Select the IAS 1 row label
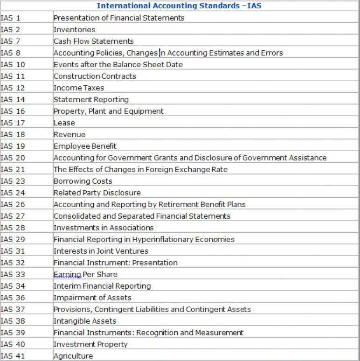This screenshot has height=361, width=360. (11, 18)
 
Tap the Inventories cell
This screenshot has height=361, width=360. (74, 29)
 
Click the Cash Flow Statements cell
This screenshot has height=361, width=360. (93, 41)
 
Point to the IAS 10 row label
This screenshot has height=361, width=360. (13, 64)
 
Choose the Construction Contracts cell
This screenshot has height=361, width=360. (95, 76)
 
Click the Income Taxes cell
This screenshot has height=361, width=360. (79, 88)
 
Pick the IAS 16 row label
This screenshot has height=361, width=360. (13, 111)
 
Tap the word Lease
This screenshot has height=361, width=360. (64, 123)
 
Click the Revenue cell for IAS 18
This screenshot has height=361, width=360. (69, 134)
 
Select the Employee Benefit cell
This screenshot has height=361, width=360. (85, 146)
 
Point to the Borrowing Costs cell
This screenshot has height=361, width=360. (83, 181)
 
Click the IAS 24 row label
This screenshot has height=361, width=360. (13, 193)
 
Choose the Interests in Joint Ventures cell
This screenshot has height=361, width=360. (101, 251)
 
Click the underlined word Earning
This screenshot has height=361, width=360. (68, 274)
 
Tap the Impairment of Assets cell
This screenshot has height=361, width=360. (92, 298)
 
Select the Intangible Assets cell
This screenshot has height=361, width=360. (85, 321)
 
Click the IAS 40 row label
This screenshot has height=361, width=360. (13, 344)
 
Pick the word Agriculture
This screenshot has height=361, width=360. (73, 356)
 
